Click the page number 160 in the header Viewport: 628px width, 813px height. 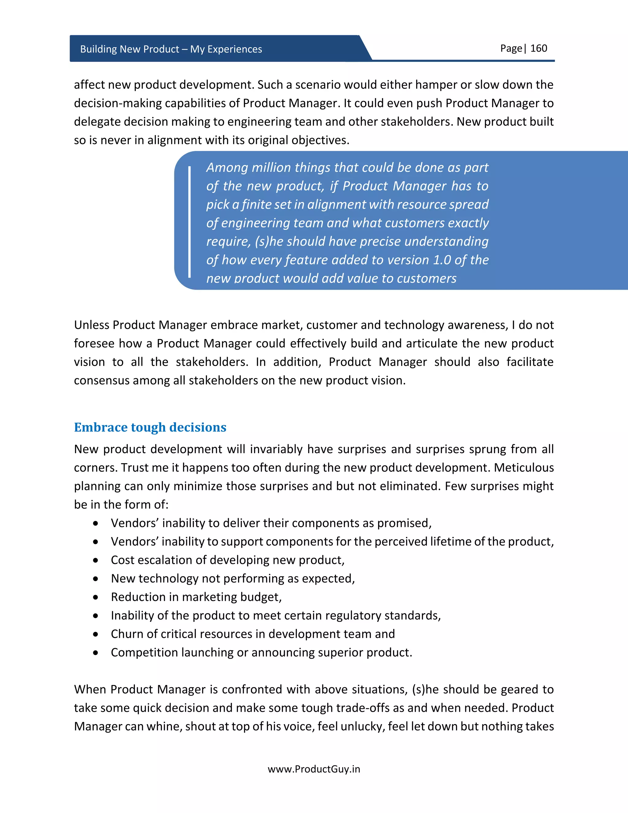(x=538, y=48)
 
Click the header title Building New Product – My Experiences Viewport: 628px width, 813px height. (x=171, y=49)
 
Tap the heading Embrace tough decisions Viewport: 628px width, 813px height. (x=150, y=427)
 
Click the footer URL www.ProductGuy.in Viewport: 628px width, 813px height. (x=314, y=769)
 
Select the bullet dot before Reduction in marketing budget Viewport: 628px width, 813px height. (x=96, y=597)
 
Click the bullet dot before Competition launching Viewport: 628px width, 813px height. (x=96, y=653)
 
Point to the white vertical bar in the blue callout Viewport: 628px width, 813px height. (x=190, y=222)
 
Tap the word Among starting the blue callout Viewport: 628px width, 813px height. (x=227, y=168)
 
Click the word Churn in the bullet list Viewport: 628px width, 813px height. (x=127, y=634)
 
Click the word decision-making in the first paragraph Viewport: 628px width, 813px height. (x=117, y=103)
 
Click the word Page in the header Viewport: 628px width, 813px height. (x=511, y=48)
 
